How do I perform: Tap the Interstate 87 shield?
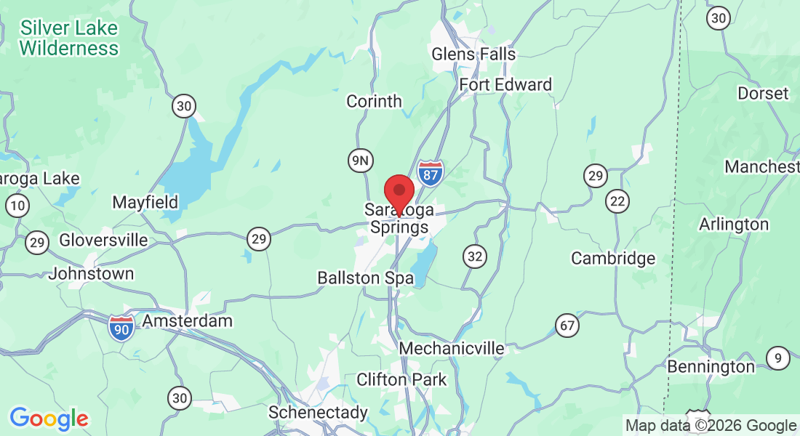click(431, 174)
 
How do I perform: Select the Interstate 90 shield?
click(121, 328)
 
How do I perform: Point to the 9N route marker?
click(360, 161)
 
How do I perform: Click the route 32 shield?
click(475, 256)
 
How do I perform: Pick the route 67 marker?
click(568, 325)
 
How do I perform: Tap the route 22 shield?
click(618, 202)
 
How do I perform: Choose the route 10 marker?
click(17, 206)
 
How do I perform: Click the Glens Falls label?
click(473, 54)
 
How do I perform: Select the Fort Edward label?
click(505, 85)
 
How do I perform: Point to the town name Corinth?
click(374, 101)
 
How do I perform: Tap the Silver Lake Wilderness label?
click(69, 39)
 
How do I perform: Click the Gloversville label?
click(103, 240)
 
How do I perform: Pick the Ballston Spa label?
click(359, 278)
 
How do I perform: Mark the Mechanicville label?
click(452, 349)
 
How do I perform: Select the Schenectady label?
click(318, 413)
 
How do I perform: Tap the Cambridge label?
click(613, 258)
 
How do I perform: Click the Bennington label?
click(711, 366)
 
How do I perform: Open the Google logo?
click(49, 419)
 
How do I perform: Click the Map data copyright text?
click(711, 426)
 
